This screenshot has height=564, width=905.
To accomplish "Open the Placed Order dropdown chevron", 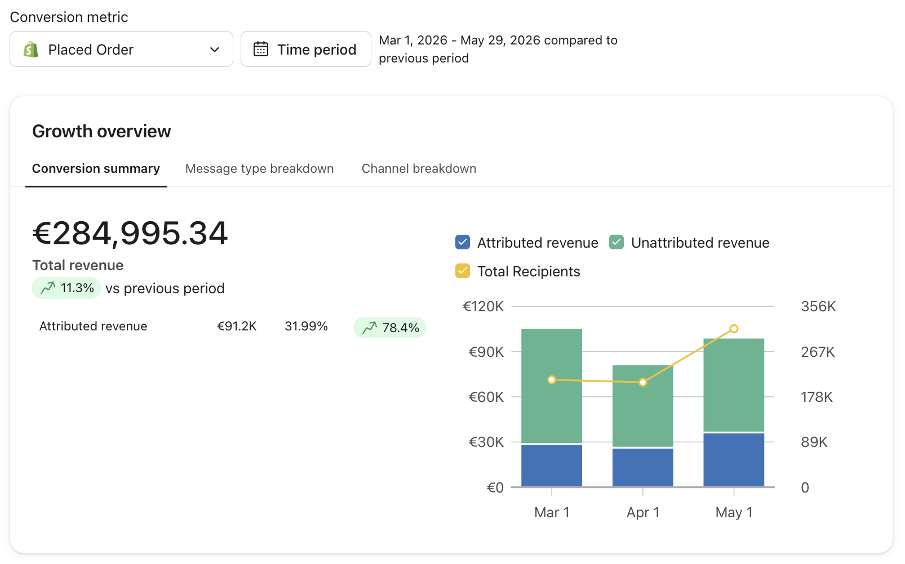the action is (x=215, y=50).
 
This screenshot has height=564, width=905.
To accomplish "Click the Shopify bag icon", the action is (x=30, y=50).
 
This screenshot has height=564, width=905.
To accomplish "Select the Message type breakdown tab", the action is (x=259, y=168).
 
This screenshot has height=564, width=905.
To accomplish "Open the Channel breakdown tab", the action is (x=419, y=168).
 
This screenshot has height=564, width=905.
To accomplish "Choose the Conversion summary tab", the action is (x=96, y=168).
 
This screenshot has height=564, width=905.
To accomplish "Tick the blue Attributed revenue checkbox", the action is (x=462, y=243).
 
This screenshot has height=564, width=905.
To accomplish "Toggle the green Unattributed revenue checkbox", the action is (x=616, y=243).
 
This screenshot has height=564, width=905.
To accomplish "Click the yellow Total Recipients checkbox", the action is (x=462, y=271).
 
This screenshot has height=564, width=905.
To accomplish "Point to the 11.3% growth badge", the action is (x=66, y=288).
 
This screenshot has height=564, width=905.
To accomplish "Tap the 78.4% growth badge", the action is (x=390, y=328).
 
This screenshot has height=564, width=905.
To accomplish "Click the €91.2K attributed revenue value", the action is (x=237, y=326).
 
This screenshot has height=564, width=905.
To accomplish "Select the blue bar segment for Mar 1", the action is (x=552, y=465).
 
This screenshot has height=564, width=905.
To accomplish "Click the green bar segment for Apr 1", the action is (x=643, y=406).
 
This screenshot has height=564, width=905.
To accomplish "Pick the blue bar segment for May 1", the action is (x=734, y=460).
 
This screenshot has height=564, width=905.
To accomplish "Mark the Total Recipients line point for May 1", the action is (x=734, y=329).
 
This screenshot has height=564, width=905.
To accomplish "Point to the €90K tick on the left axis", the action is (x=486, y=352).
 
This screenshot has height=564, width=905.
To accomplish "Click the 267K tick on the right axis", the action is (x=818, y=352).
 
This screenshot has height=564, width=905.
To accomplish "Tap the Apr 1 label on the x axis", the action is (x=643, y=512).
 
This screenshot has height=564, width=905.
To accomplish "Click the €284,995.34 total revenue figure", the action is (x=130, y=233).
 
